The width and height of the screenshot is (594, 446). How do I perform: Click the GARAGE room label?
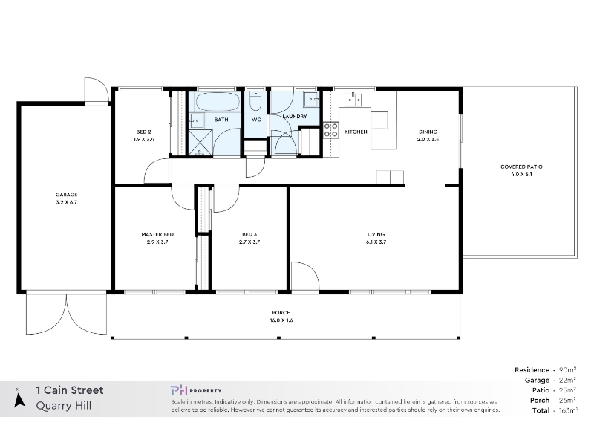tap(66, 195)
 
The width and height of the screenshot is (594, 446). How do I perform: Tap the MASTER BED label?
tap(157, 234)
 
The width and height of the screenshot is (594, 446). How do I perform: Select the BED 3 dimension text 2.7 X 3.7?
tap(249, 242)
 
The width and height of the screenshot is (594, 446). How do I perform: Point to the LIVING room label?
tap(376, 234)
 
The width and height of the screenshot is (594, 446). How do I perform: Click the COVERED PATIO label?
tap(521, 167)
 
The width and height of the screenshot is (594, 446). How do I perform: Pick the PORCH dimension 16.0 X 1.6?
tap(281, 320)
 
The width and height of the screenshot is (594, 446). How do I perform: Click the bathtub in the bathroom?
tap(218, 102)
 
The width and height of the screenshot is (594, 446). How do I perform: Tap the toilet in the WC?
tap(255, 100)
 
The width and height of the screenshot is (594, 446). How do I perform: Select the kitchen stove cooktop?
tap(330, 129)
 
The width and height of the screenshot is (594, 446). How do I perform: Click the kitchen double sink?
tap(353, 100)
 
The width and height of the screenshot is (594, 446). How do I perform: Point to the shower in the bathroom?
tap(200, 142)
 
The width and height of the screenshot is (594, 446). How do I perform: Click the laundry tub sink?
tap(313, 99)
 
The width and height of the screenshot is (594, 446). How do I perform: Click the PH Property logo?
tap(196, 390)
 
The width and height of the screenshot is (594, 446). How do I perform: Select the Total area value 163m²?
tap(569, 410)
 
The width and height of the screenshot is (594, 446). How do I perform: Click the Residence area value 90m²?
tap(567, 369)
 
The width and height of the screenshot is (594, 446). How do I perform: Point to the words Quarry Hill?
tap(64, 406)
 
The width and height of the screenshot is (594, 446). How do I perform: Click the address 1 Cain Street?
tap(70, 390)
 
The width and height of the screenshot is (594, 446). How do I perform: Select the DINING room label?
tap(428, 132)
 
